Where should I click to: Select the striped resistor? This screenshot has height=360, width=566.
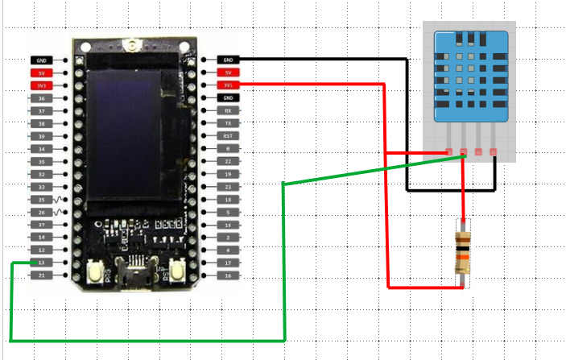pyautogui.click(x=462, y=251)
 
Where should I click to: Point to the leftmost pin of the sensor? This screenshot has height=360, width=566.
pyautogui.click(x=448, y=151)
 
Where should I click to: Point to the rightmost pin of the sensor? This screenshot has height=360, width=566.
pyautogui.click(x=493, y=151)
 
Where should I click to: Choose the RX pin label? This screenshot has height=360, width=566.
pyautogui.click(x=229, y=110)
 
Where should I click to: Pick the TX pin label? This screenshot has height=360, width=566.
pyautogui.click(x=229, y=123)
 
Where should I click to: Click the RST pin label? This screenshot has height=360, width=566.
pyautogui.click(x=229, y=136)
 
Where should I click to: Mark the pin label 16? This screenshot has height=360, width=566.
pyautogui.click(x=229, y=275)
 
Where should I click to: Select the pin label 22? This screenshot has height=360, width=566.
pyautogui.click(x=229, y=161)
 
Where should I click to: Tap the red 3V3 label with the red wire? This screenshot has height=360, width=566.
pyautogui.click(x=229, y=85)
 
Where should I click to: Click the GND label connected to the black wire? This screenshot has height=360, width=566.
pyautogui.click(x=229, y=60)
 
